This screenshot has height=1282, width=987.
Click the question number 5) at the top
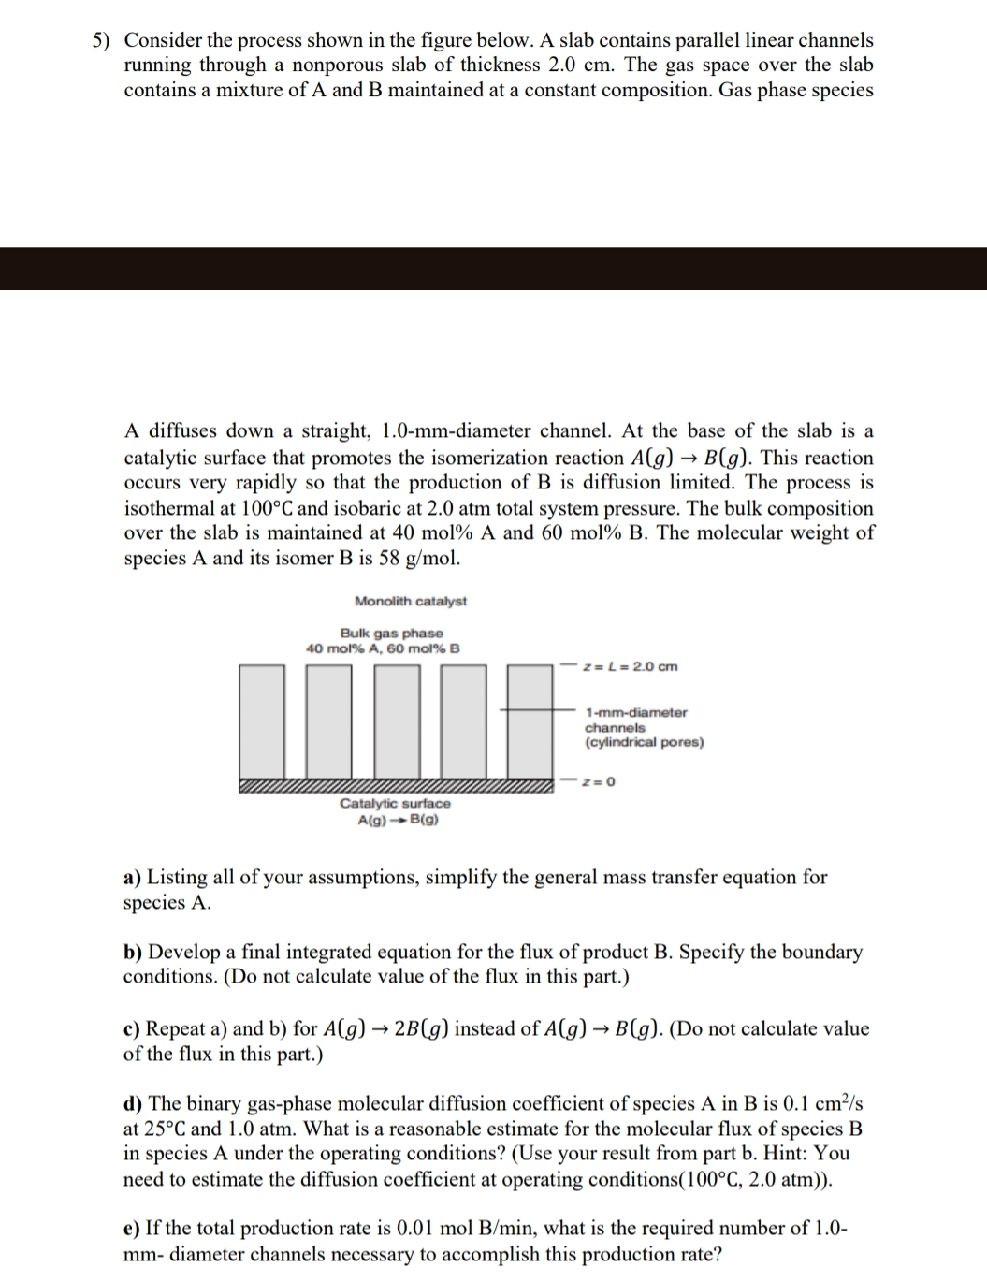tap(105, 40)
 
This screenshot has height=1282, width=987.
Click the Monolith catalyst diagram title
tap(411, 601)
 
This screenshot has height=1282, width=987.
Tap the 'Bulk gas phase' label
tap(392, 634)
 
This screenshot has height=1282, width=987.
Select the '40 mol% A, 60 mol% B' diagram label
tap(384, 648)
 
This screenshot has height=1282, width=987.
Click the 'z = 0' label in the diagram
tap(598, 781)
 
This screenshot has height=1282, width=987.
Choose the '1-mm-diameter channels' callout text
tap(636, 720)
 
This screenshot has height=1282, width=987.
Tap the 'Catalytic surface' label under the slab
tap(395, 803)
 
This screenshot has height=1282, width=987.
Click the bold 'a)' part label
tap(133, 878)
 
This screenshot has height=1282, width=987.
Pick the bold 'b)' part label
tap(133, 953)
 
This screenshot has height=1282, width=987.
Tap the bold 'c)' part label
tap(132, 1029)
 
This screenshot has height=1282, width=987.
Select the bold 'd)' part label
tap(133, 1104)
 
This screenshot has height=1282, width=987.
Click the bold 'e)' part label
tap(132, 1228)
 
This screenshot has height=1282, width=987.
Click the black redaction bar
tap(493, 269)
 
